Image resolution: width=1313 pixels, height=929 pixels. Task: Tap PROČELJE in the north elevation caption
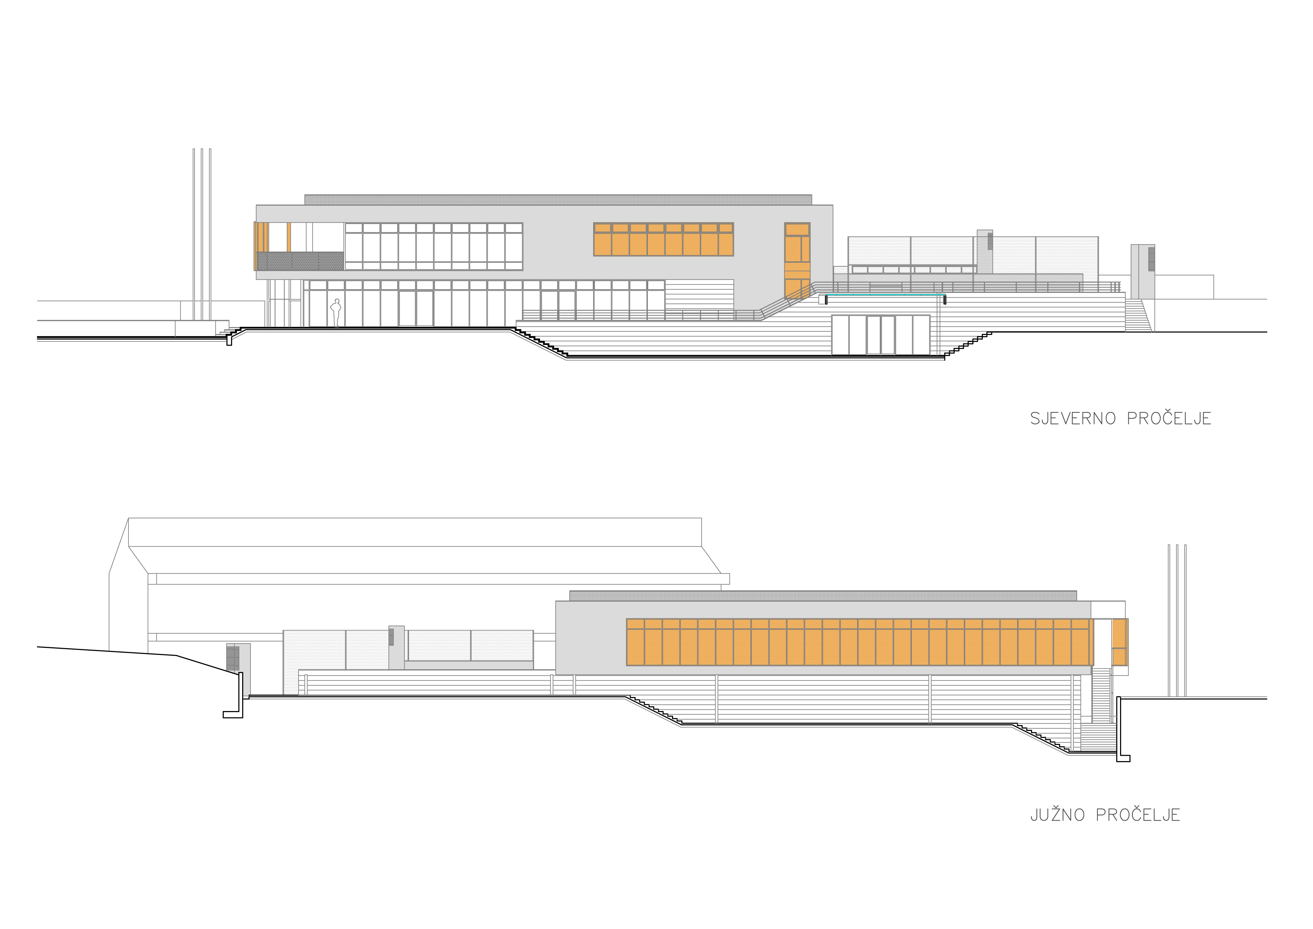(x=1169, y=419)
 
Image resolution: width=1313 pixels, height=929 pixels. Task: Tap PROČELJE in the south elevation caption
(x=1138, y=815)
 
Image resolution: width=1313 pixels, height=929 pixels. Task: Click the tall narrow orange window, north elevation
(x=797, y=260)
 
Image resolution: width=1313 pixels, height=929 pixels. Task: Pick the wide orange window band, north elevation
(x=663, y=239)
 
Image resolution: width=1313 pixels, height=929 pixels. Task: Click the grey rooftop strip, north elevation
(x=558, y=200)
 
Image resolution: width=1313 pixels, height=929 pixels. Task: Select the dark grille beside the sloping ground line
(x=233, y=658)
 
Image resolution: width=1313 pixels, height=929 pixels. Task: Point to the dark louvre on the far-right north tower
(x=1151, y=259)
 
